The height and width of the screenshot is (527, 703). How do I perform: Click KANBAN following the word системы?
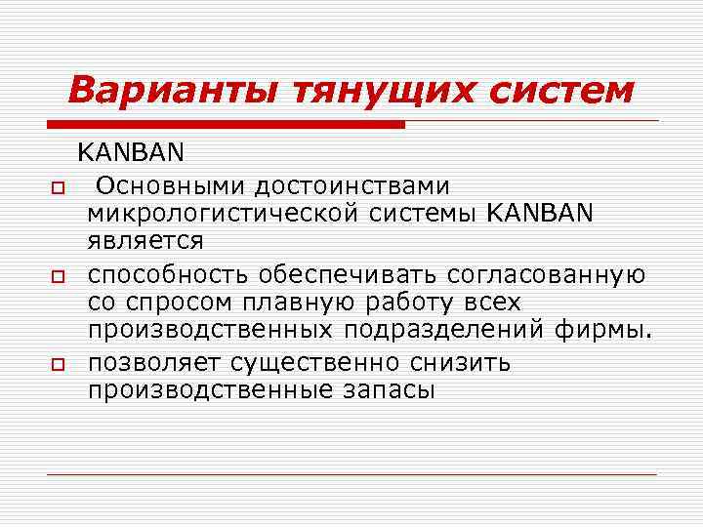[538, 213]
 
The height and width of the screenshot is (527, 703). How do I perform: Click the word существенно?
[315, 363]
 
